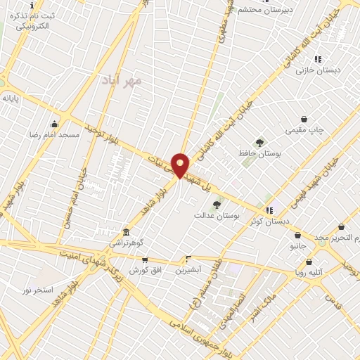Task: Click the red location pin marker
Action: (x=181, y=165)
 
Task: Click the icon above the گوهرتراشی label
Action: (x=126, y=232)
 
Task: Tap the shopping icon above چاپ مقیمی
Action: (x=304, y=119)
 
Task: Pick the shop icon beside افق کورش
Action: (x=145, y=259)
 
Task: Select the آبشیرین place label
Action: (x=188, y=269)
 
